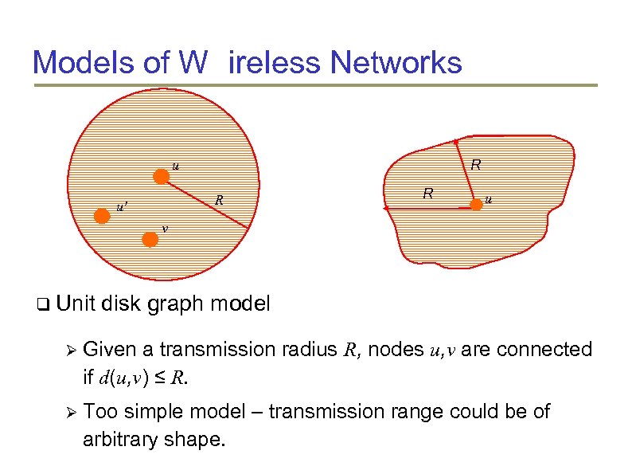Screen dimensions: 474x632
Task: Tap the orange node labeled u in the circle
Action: coord(162,177)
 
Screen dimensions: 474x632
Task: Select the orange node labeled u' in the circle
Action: coord(101,216)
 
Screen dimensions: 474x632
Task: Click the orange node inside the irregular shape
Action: coord(476,205)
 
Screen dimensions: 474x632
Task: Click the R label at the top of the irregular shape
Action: coord(475,166)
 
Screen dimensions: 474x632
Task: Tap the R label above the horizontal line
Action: coord(428,193)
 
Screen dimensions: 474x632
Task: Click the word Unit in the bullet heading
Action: coord(75,304)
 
